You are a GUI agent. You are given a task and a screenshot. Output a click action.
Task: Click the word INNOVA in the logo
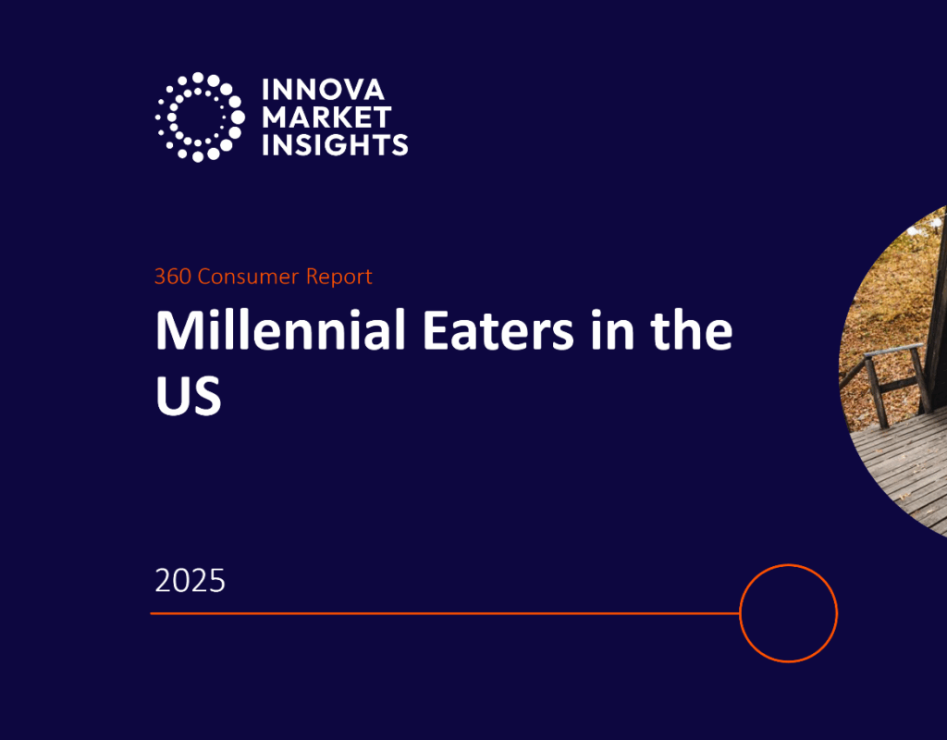[x=314, y=90]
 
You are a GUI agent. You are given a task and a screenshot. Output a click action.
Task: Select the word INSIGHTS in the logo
[x=335, y=144]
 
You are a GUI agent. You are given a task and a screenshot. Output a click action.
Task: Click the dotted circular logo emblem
[x=199, y=117]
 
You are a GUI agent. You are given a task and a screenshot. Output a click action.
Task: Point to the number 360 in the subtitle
[x=170, y=276]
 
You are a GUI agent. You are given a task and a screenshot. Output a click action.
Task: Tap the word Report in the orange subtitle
[x=338, y=276]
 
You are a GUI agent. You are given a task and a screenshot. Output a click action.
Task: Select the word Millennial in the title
[x=280, y=330]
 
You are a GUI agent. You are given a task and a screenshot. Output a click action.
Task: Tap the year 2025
[x=191, y=581]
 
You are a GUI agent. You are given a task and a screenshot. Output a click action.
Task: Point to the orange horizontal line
[x=444, y=612]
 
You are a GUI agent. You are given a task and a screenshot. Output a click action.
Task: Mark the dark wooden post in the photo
[x=936, y=305]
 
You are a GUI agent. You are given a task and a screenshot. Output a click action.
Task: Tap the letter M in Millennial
[x=176, y=330]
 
